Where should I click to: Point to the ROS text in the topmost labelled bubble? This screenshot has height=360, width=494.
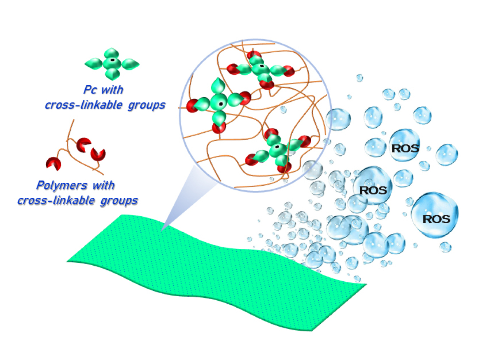point(404,148)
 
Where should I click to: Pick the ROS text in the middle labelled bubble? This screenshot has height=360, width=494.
point(373,190)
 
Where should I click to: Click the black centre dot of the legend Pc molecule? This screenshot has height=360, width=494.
point(112,61)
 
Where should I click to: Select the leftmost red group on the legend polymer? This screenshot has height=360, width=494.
point(54,163)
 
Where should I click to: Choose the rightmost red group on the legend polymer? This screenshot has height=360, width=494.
point(98,154)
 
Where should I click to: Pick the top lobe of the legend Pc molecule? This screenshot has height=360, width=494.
point(112,52)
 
